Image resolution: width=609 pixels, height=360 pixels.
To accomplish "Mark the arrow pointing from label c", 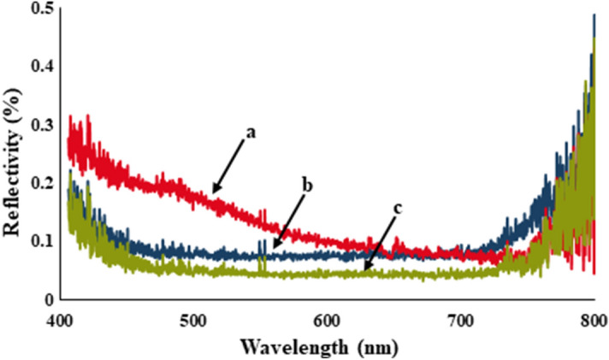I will coord(381,245).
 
